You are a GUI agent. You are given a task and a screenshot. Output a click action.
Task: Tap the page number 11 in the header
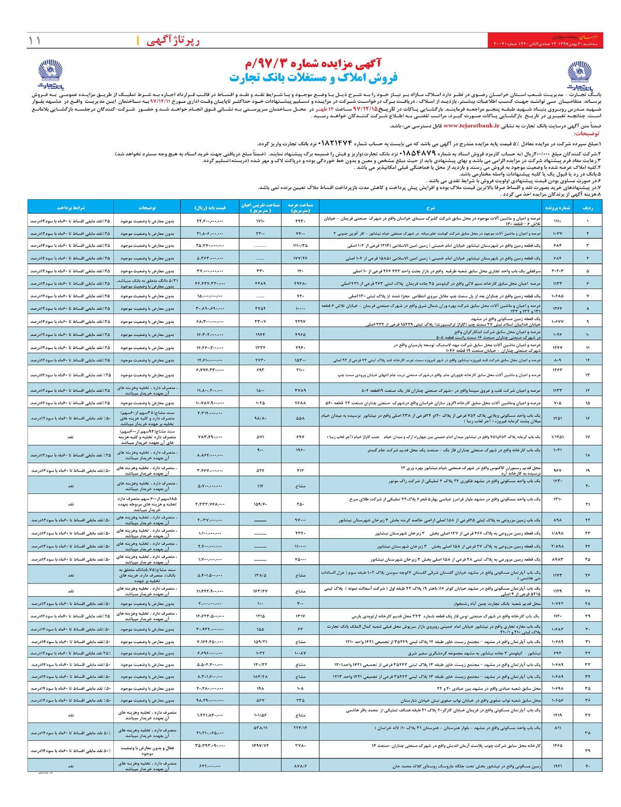tap(35, 40)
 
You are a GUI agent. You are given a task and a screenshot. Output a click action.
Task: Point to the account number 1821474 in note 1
tap(334, 143)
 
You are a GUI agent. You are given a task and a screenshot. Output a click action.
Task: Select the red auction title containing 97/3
tap(313, 64)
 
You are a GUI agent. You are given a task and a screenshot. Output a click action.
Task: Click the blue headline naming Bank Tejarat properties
tap(313, 78)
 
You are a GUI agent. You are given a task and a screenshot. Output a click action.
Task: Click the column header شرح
tap(431, 207)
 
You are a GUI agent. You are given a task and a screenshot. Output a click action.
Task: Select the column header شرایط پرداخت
tap(70, 207)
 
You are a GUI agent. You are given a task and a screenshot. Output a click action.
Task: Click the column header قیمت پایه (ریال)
tap(210, 207)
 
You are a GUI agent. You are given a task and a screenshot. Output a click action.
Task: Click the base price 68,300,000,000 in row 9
tap(210, 322)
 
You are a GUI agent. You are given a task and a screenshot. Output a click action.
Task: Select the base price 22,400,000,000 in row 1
tap(210, 221)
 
